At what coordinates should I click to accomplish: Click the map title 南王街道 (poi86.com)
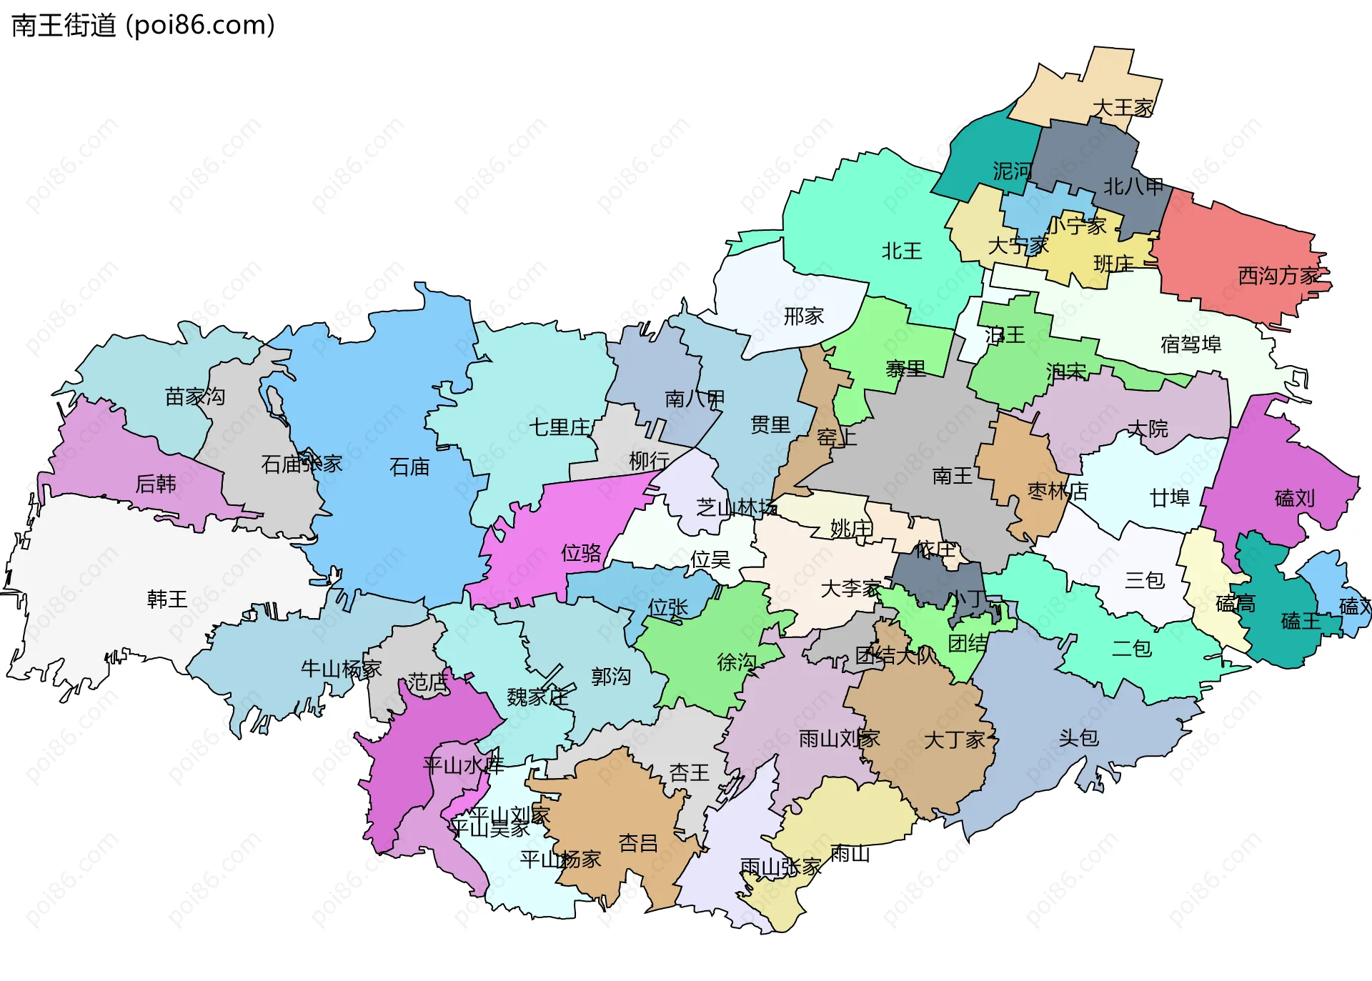point(143,26)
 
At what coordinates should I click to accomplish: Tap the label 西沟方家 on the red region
point(1278,276)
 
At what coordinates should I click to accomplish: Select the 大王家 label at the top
point(1123,108)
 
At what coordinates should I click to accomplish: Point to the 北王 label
point(901,251)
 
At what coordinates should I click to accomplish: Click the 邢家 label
point(803,316)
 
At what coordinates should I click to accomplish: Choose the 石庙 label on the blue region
point(409,467)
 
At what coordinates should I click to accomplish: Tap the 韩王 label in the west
point(167,599)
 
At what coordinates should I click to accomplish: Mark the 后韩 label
point(156,484)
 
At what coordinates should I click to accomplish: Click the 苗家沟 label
point(194,397)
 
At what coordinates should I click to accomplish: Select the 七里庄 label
point(560,427)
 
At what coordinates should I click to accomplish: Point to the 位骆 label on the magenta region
point(581,552)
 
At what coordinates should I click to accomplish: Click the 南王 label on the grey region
point(952,476)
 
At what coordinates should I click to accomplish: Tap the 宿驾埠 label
point(1190,344)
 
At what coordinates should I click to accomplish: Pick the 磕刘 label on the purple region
point(1294,498)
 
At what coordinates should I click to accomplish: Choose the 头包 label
point(1078,738)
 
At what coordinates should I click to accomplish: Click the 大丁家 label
point(955,740)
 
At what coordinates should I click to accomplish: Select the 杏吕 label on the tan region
point(637,843)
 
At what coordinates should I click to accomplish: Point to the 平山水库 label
point(463,766)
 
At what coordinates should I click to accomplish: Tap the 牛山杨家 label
point(341,669)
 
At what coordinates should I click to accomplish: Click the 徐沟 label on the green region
point(736,662)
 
